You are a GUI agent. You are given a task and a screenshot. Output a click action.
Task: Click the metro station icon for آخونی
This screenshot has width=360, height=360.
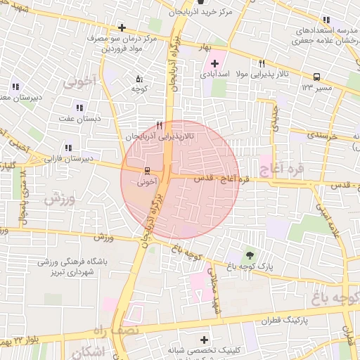[148, 170]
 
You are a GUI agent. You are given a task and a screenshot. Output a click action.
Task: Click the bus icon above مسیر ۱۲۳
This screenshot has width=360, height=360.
[316, 77]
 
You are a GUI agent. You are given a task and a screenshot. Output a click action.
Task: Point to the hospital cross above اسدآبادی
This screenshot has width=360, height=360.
[214, 63]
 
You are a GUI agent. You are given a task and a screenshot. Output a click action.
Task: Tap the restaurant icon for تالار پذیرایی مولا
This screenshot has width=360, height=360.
[262, 63]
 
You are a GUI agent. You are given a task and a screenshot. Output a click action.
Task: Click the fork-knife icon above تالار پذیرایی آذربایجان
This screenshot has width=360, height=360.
[160, 126]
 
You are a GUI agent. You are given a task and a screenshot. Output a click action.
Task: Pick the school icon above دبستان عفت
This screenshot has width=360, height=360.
[79, 108]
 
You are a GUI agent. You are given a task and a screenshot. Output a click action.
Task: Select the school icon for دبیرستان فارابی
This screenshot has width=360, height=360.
[68, 148]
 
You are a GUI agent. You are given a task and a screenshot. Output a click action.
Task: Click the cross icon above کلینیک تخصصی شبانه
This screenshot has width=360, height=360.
[204, 340]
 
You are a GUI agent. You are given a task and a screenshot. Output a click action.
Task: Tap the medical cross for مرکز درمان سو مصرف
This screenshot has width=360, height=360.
[122, 27]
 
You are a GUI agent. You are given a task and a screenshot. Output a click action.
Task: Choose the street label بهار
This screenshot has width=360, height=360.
[205, 46]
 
